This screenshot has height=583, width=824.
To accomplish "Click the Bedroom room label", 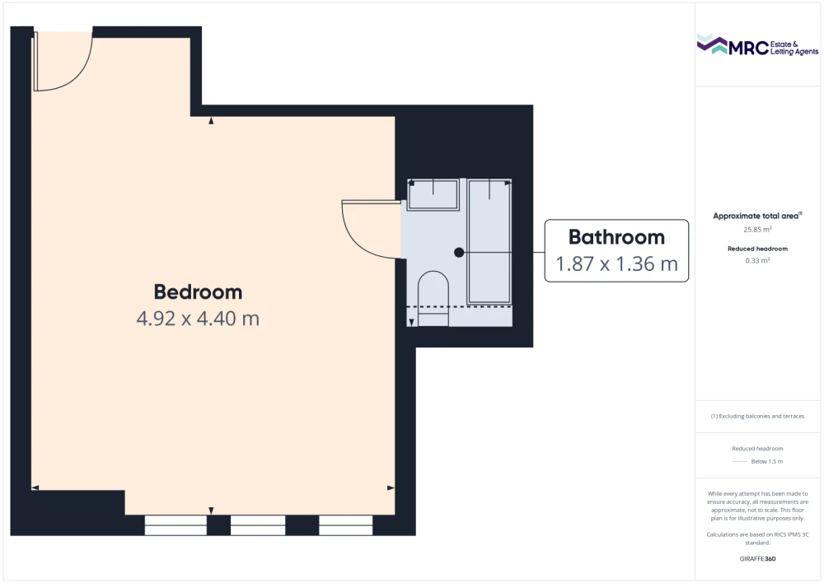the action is [x=198, y=292].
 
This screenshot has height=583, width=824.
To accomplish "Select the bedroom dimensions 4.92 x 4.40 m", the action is [x=198, y=319].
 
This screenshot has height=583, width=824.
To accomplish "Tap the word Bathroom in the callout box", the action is [x=616, y=237].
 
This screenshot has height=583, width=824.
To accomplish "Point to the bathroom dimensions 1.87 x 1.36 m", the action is [x=616, y=264].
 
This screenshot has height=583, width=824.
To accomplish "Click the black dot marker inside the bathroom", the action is [x=459, y=253].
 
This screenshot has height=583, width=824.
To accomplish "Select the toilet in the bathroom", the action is [x=433, y=298].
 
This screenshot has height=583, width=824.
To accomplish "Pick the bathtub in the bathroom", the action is [x=489, y=241].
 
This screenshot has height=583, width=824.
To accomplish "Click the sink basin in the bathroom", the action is [x=433, y=195].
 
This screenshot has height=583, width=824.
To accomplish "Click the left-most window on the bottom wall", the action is [x=176, y=525].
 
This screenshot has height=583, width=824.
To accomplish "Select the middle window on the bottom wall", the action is [x=258, y=525].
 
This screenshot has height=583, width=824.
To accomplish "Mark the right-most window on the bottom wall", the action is [x=346, y=525].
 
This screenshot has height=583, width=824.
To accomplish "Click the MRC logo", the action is [x=757, y=45].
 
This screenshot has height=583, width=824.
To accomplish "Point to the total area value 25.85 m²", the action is [x=757, y=230].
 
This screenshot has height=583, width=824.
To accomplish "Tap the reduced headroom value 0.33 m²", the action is [x=757, y=260].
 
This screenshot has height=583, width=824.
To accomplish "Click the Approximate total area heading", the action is [x=757, y=216].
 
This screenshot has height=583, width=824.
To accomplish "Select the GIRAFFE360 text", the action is [x=757, y=559].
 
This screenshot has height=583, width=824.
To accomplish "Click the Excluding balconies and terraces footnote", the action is [x=757, y=417].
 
